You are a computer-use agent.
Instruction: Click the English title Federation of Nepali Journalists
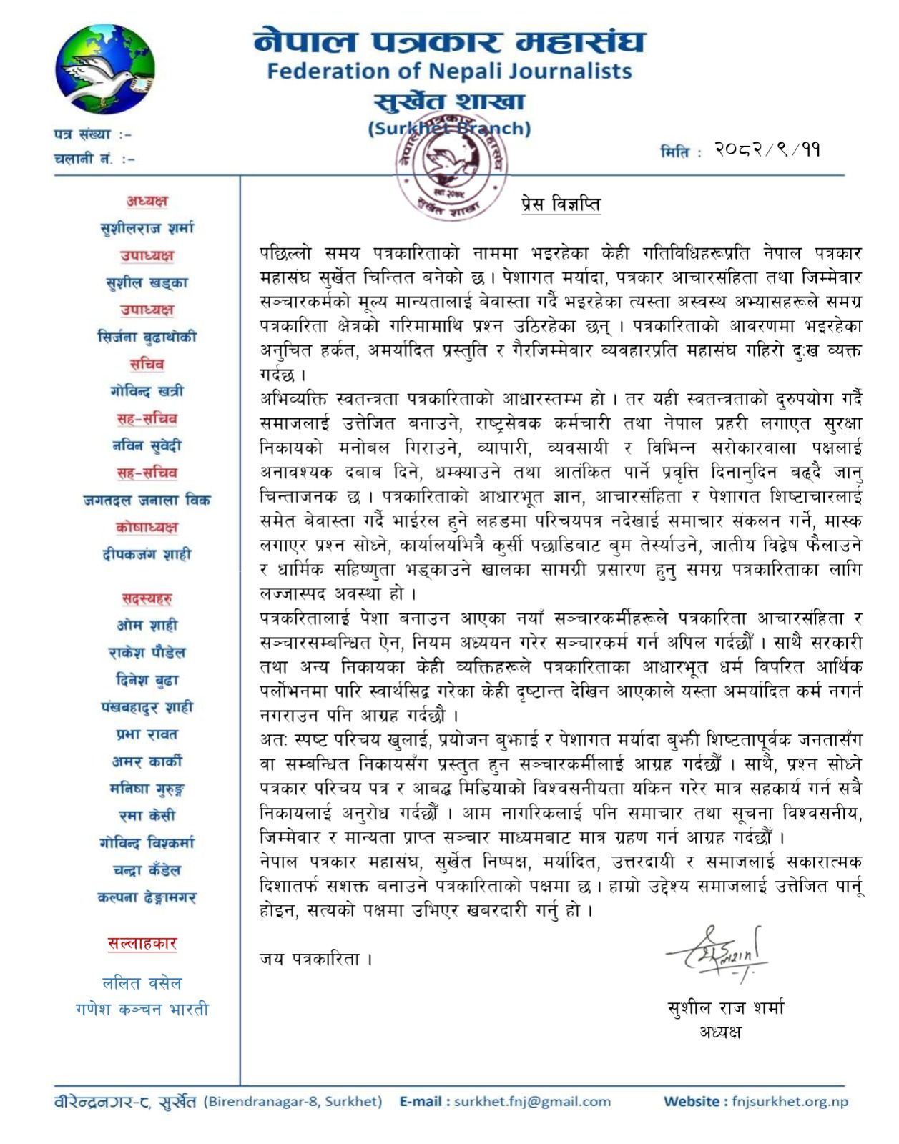coord(449,71)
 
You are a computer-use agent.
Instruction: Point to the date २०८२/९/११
coord(767,149)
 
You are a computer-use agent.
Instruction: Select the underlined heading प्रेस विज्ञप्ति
coord(560,204)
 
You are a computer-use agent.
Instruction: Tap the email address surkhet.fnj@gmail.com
coord(532,1101)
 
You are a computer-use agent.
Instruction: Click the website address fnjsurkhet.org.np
coord(790,1101)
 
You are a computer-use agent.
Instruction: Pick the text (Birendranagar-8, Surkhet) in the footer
coord(293,1101)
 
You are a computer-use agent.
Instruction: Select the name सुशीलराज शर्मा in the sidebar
coord(147,228)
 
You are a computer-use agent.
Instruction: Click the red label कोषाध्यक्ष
coord(147,527)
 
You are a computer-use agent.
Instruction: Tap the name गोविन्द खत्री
coord(147,391)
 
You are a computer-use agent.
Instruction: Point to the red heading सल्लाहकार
coord(142,943)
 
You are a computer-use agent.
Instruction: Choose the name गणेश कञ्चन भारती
coord(142,1010)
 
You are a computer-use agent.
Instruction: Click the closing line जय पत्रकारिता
coord(315,959)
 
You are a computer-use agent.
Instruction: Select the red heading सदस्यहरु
coord(147,598)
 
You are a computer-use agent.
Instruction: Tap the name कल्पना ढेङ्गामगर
coord(147,897)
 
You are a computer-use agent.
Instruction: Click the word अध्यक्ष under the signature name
coord(720,1032)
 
